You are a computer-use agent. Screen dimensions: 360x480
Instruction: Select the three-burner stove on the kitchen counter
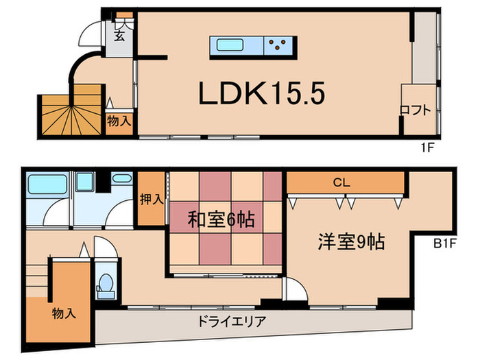coord(278,45)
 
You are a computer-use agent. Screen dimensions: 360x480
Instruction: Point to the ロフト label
coord(416,109)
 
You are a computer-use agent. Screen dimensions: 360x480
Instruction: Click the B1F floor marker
coord(445,242)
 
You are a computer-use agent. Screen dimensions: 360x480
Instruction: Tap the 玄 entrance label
coord(119,36)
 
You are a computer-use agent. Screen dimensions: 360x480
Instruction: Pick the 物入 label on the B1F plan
coord(64,313)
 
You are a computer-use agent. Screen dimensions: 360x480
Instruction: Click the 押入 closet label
coord(151,200)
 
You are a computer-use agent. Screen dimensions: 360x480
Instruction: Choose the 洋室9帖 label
coord(350,241)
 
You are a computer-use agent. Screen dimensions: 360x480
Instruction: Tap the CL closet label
coord(343,182)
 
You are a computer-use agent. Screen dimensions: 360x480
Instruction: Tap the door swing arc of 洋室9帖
coord(296,289)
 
